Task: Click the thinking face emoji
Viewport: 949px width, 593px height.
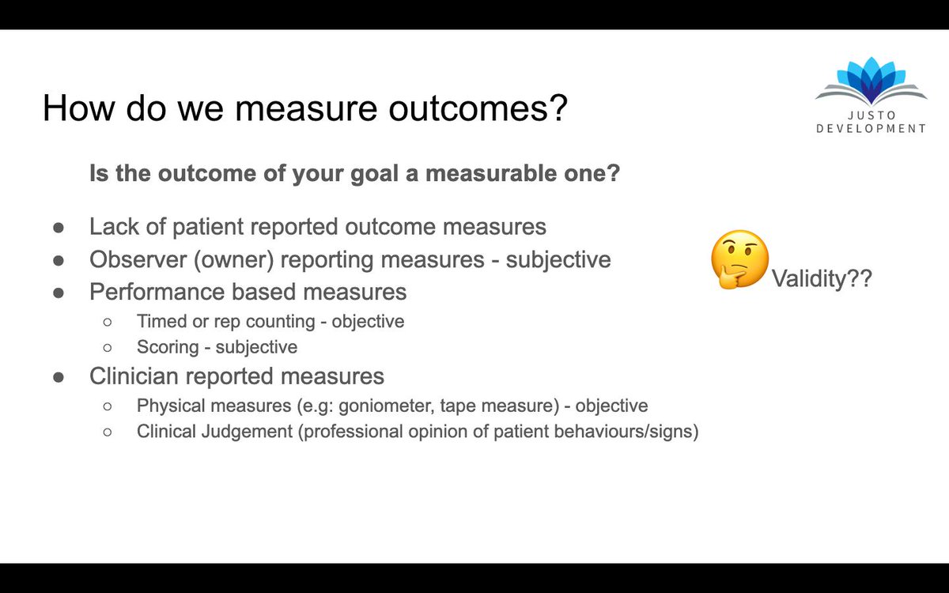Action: (x=739, y=259)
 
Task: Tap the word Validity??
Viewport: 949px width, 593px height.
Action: (x=822, y=280)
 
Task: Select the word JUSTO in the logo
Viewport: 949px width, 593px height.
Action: (x=871, y=115)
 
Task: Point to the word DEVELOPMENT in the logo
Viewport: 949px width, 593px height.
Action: (x=871, y=129)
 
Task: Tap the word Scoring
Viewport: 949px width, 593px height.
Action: (x=167, y=347)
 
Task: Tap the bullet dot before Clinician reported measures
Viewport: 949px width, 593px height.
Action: (x=59, y=376)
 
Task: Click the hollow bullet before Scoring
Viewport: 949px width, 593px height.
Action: (x=108, y=348)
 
